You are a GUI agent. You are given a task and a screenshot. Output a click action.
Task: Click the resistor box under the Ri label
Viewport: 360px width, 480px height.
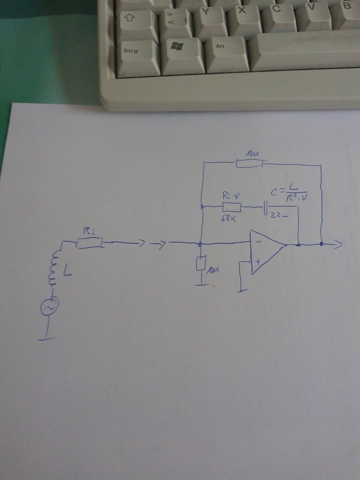89,243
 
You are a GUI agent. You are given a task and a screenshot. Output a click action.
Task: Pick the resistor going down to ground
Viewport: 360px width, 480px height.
201,263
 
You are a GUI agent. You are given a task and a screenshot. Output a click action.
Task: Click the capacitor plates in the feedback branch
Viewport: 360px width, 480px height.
265,206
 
